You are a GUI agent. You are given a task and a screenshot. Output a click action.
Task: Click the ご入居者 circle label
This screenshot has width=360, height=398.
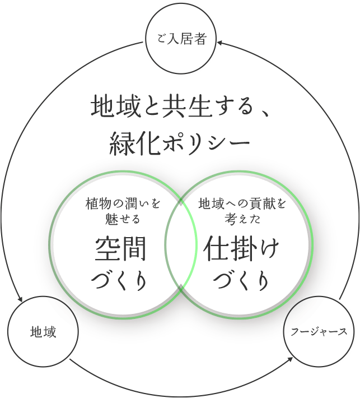click(x=181, y=39)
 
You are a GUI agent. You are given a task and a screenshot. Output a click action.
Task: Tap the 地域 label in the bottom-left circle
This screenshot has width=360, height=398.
click(x=43, y=331)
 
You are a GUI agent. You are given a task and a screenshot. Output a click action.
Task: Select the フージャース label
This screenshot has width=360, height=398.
click(x=319, y=331)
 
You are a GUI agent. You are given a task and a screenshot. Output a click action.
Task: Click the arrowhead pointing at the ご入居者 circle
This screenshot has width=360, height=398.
click(x=219, y=43)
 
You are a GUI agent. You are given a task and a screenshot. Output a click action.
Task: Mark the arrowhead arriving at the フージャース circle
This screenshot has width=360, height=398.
click(x=290, y=359)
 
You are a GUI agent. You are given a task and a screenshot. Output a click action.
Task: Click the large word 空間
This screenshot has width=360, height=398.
click(x=120, y=249)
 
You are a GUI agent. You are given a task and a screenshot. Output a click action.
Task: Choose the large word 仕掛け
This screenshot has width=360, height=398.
click(x=241, y=249)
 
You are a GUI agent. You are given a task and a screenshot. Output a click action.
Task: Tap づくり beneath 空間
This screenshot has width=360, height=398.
click(x=119, y=281)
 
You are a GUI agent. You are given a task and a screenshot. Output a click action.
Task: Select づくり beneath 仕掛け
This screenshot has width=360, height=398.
click(x=241, y=281)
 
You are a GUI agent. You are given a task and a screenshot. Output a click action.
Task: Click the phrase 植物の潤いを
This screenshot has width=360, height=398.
click(x=123, y=204)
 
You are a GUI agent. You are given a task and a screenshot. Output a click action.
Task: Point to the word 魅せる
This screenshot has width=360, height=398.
click(x=123, y=219)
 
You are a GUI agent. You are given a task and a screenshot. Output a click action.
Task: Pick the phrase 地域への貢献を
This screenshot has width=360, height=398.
click(x=242, y=204)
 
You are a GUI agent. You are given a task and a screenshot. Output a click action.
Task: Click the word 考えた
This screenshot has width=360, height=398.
click(x=242, y=219)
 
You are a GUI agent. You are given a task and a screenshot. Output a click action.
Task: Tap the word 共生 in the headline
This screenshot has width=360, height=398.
click(x=187, y=107)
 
